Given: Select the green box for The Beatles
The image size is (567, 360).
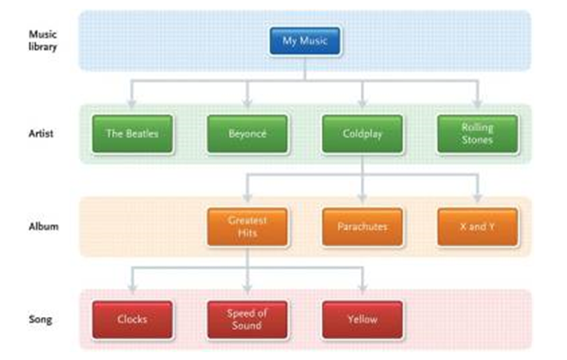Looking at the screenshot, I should coord(132,134).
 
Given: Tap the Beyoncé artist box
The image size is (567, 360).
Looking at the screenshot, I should coord(247,134).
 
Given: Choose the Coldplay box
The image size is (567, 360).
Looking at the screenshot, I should coord(362,134).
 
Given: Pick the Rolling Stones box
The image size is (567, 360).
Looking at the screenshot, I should coord(477,134).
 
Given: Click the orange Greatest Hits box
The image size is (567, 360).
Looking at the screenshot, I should coord(247,226).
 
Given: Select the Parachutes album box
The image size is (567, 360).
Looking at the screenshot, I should coord(362,227).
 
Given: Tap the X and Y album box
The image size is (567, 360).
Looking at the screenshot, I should coord(477,227).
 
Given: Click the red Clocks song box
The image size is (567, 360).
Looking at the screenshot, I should coord(132,319).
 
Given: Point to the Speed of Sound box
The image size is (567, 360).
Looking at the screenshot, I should coord(247,319).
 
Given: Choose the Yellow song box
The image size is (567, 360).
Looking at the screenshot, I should coord(362,319).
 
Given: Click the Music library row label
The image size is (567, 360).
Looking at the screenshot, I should coord(43,40).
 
